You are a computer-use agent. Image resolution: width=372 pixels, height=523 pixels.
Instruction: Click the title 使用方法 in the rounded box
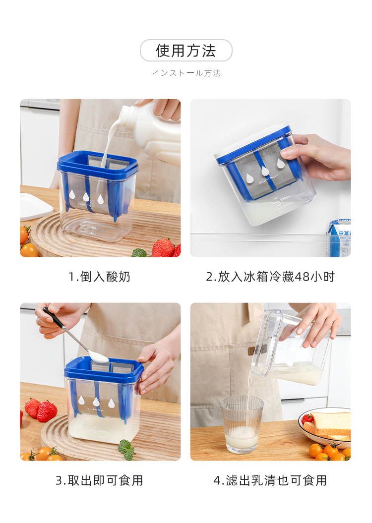pos(186,51)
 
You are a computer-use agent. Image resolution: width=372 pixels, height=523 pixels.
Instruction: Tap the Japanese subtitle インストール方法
pos(186,73)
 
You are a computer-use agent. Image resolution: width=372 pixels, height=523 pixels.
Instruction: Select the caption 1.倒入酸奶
pos(99,277)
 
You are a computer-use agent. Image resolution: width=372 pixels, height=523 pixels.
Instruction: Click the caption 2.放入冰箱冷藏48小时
pos(270,277)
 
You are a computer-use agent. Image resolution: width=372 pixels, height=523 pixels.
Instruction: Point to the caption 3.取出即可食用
pos(99,480)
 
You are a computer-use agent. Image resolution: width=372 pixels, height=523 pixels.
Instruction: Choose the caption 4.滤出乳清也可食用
pos(270,480)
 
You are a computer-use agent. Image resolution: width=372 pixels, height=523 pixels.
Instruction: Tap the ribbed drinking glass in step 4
pos(242,424)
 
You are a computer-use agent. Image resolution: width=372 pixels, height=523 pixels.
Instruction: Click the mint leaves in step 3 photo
pos(126,449)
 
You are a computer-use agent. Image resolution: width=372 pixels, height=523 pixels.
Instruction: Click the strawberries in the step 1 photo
pos(164,248)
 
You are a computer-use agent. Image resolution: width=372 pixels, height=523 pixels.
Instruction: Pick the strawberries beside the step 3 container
pos(42,410)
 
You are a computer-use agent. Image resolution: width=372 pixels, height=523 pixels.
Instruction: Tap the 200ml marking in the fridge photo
pos(284,198)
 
